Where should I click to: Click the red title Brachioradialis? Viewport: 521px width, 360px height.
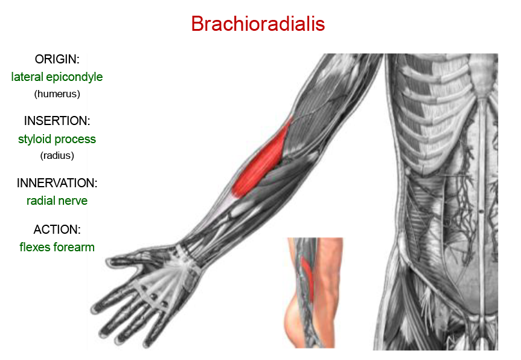pos(258,24)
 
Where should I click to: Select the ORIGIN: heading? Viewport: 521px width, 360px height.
pos(57,59)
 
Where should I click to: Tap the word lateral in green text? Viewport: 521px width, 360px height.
pos(27,77)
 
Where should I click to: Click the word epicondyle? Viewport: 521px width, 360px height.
pos(74,77)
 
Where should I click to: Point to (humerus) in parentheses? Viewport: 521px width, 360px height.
pos(57,94)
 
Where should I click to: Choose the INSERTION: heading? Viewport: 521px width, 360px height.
pos(57,121)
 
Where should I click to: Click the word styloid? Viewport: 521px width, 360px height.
pos(35,139)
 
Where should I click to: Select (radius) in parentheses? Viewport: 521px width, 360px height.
pos(57,155)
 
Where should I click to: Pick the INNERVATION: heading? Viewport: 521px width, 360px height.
pos(57,183)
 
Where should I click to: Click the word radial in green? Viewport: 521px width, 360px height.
pos(41,201)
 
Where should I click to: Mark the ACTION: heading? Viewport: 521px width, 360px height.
pos(57,230)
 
